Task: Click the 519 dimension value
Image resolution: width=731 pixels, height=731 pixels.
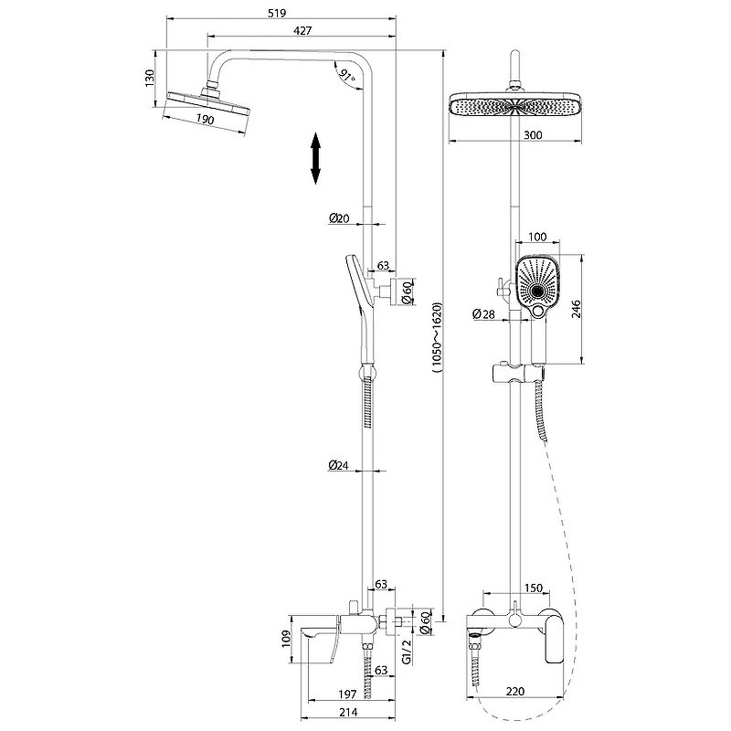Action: [x=277, y=13]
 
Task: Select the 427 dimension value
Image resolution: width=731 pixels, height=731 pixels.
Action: [x=302, y=30]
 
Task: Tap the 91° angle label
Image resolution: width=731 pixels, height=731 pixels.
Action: [x=347, y=76]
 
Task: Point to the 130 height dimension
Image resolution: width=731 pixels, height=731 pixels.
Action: [x=149, y=78]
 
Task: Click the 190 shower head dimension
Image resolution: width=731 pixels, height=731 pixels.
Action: [x=205, y=120]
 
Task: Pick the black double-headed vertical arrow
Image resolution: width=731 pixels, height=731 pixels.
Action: [x=315, y=158]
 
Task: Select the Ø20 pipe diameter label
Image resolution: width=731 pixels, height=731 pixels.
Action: [x=339, y=217]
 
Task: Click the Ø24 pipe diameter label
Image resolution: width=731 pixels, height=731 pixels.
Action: [x=338, y=465]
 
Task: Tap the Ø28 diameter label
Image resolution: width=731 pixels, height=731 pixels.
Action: [x=483, y=313]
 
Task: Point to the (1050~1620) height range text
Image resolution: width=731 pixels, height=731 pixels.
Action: [x=437, y=338]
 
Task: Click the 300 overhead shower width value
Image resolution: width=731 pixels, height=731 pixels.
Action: [x=533, y=135]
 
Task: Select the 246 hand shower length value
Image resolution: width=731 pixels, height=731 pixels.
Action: [x=577, y=309]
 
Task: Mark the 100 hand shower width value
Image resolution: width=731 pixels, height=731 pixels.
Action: [x=537, y=237]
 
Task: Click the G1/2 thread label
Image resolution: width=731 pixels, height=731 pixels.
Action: [x=407, y=652]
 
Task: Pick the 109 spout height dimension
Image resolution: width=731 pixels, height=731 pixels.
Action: [x=286, y=638]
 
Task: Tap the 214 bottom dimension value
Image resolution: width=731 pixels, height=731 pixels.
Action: [x=348, y=713]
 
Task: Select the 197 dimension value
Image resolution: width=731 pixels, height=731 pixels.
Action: [x=347, y=694]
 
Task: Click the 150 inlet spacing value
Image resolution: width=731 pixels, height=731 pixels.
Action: [x=534, y=588]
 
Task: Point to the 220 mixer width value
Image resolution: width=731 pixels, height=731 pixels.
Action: [x=514, y=692]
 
